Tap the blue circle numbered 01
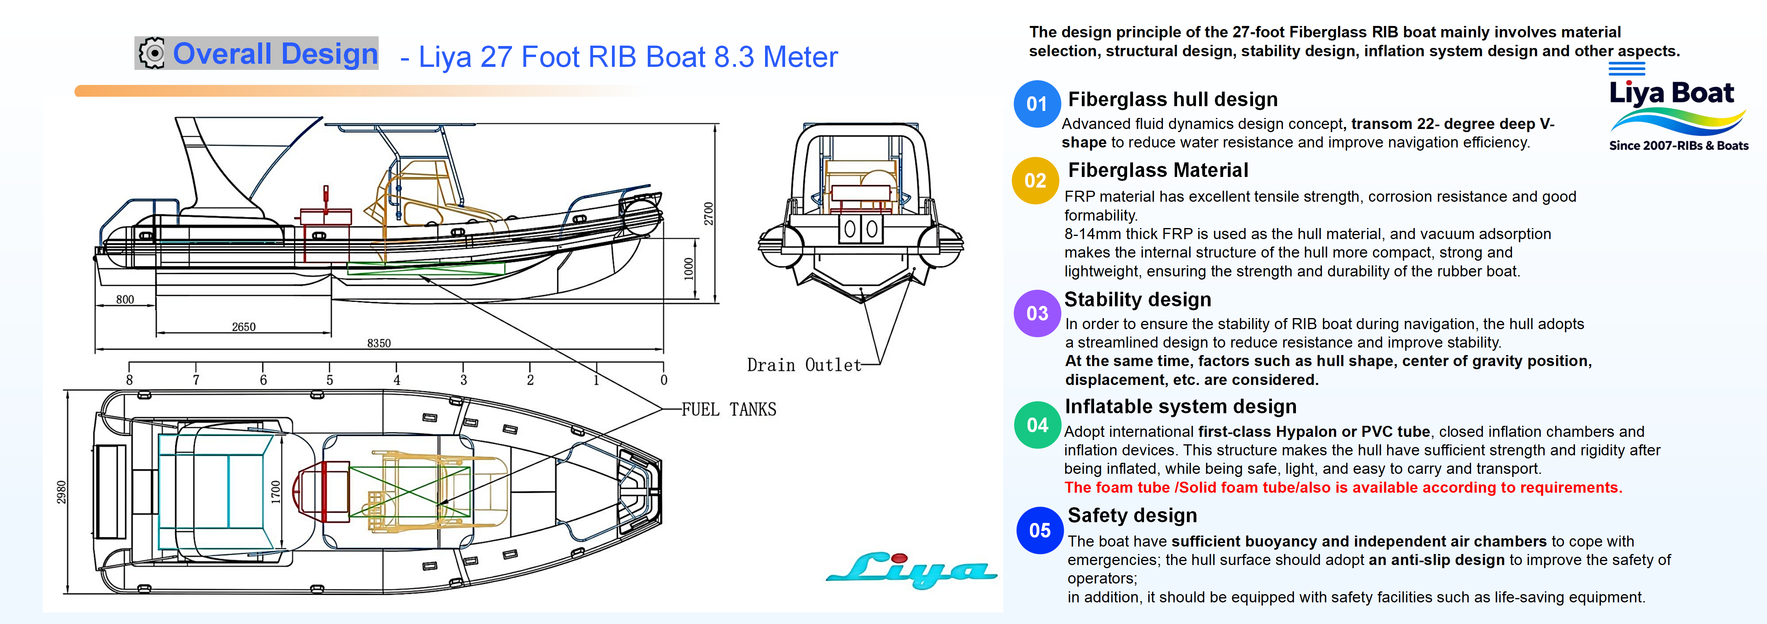[1037, 104]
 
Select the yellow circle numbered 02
[1035, 181]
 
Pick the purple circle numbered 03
[1037, 313]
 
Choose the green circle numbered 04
[1037, 425]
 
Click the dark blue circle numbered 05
[1039, 530]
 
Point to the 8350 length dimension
[379, 343]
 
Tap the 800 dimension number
[125, 300]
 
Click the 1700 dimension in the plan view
[276, 491]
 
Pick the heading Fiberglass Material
[1158, 170]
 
